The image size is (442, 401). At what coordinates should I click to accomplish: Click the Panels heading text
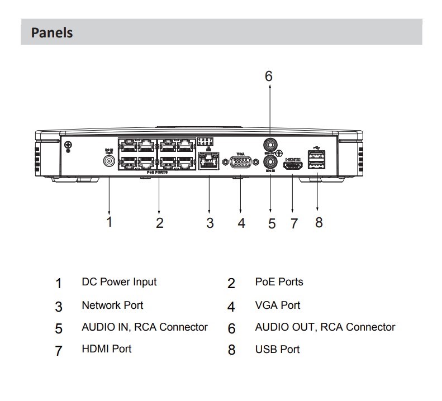click(52, 32)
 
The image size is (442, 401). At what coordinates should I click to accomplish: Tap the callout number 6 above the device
click(268, 76)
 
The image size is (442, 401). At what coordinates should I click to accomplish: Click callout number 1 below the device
click(110, 222)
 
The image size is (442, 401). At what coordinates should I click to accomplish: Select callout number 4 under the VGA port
click(241, 223)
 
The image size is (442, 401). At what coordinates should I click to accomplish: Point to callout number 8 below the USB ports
click(319, 222)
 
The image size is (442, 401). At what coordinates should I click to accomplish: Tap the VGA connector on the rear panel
click(241, 163)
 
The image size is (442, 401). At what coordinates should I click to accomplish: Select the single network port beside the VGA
click(208, 163)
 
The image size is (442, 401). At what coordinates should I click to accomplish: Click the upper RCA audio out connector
click(270, 145)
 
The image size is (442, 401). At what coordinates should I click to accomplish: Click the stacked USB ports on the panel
click(317, 160)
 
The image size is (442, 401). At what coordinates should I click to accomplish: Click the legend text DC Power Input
click(119, 282)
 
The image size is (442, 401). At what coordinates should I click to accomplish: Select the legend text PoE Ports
click(279, 282)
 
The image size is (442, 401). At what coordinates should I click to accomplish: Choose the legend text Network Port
click(112, 305)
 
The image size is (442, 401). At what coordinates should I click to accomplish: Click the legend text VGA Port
click(277, 305)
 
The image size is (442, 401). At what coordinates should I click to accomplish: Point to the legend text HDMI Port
click(107, 349)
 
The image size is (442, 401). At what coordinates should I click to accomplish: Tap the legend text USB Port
click(277, 350)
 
